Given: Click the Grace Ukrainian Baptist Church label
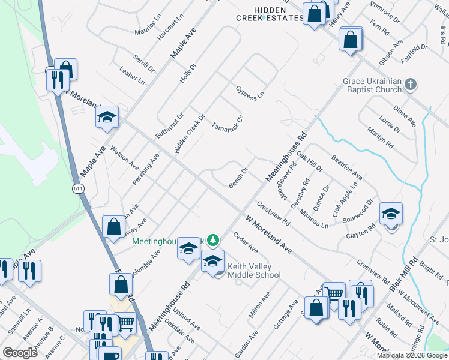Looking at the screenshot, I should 372,85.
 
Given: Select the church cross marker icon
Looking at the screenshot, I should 411,83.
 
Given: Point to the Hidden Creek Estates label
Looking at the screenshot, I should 270,14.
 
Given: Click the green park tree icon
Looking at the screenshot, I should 211,240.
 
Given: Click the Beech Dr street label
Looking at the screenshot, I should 238,178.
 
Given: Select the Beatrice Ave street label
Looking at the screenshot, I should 346,170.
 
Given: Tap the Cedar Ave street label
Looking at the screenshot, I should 246,242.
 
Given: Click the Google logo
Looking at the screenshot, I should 20,352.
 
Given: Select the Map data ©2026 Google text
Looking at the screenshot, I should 412,355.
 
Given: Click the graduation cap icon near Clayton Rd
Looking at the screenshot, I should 391,214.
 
